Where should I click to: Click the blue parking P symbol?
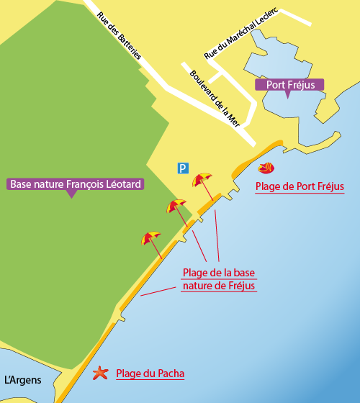click(184, 168)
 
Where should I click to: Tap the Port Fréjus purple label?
click(289, 85)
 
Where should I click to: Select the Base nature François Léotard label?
click(75, 184)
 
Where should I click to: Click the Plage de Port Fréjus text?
click(300, 187)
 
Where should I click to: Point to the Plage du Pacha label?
click(150, 373)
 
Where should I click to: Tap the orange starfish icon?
click(100, 373)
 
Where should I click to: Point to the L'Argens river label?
click(23, 380)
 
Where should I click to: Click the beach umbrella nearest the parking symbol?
click(202, 180)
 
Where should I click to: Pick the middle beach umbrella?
click(176, 207)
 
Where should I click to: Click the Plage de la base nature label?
click(219, 279)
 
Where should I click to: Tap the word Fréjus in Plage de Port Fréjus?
click(330, 187)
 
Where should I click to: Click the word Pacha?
click(170, 373)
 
